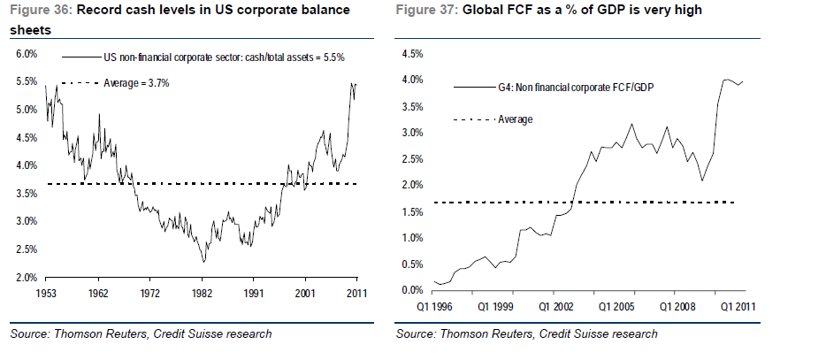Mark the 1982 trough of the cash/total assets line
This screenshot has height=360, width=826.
point(203,262)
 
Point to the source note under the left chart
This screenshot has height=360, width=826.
point(141,333)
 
